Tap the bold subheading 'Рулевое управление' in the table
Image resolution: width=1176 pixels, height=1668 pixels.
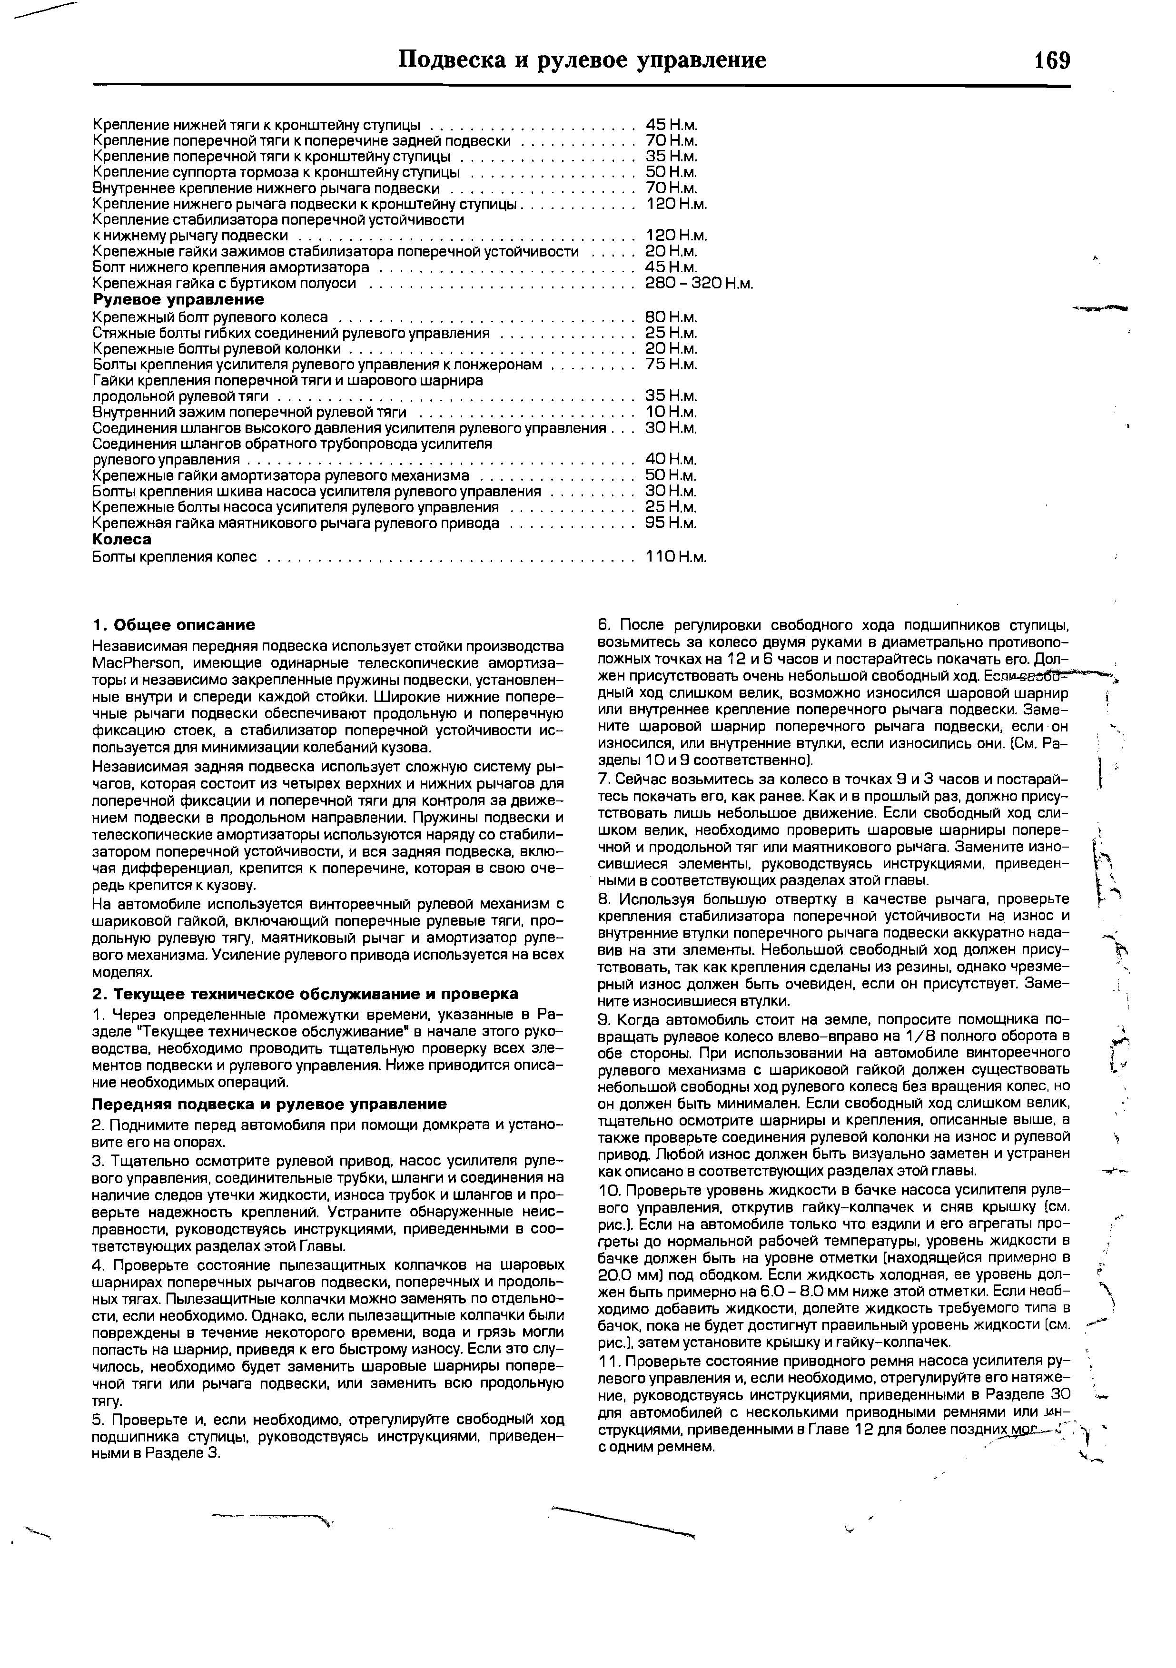click(178, 300)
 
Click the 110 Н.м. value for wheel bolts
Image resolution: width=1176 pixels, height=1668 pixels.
click(675, 557)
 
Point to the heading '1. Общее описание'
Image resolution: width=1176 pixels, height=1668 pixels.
click(174, 625)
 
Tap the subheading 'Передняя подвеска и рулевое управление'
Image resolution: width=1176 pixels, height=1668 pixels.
click(269, 1104)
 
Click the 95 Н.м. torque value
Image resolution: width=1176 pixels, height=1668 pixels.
click(671, 523)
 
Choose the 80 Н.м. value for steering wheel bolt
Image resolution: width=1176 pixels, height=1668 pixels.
click(671, 317)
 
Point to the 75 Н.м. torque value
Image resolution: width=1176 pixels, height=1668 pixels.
click(671, 364)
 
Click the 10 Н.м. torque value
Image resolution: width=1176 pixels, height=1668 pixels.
click(671, 413)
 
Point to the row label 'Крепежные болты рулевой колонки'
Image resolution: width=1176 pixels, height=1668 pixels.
click(217, 349)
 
